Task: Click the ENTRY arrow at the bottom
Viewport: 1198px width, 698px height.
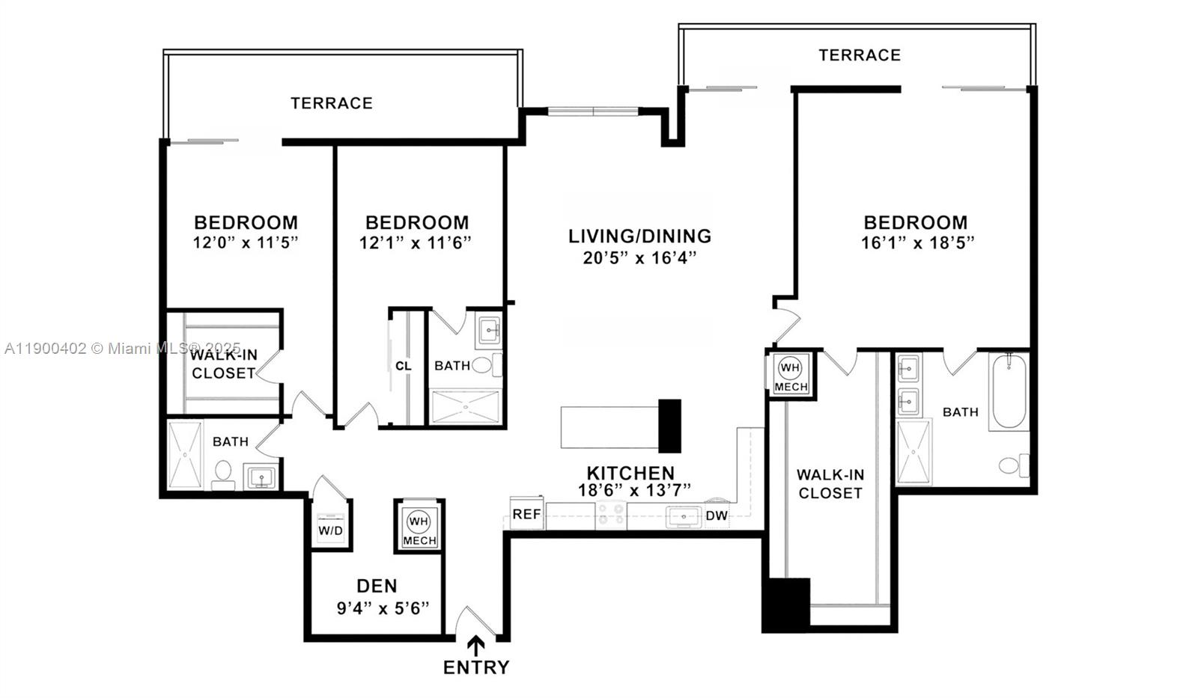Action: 476,645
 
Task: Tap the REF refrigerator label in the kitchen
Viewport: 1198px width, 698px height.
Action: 526,515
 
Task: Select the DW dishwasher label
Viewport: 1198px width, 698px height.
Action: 716,515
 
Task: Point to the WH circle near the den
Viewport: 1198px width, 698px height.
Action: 419,521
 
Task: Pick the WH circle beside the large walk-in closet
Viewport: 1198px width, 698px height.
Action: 790,368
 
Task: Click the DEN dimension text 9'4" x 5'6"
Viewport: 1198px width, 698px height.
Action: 383,608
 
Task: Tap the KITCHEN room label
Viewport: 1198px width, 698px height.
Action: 630,473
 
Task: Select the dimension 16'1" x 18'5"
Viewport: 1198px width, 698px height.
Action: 916,243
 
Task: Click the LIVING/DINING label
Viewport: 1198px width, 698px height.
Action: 639,236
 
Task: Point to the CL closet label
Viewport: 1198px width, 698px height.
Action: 404,366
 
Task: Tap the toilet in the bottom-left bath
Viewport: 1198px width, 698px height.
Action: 223,472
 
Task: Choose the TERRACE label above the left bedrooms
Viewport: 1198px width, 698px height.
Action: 332,103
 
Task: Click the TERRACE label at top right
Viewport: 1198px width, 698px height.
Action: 859,55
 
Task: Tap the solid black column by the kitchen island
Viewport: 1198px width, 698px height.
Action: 669,426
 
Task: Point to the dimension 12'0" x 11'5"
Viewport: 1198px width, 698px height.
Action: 246,243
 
